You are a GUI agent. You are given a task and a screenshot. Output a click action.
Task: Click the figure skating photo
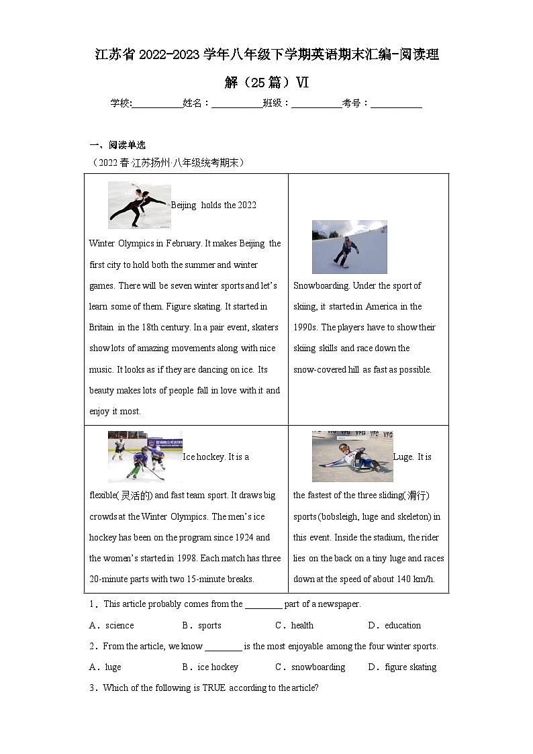[x=139, y=205]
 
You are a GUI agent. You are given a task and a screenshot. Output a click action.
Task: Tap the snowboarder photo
[x=349, y=246]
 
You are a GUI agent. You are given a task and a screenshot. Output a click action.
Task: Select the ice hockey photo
[x=145, y=457]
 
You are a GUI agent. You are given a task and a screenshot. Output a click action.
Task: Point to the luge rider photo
[x=352, y=457]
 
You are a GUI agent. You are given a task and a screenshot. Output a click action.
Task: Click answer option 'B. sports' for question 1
[x=202, y=625]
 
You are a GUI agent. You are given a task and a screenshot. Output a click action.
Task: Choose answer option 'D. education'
[x=395, y=625]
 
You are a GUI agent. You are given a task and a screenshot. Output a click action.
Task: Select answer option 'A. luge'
[x=105, y=667]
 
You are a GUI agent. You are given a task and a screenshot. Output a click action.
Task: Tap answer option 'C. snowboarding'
[x=311, y=667]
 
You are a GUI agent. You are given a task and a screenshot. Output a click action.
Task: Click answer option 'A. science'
[x=111, y=625]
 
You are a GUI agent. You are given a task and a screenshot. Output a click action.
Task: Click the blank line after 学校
[x=157, y=103]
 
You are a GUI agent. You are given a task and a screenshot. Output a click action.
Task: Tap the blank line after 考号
[x=396, y=103]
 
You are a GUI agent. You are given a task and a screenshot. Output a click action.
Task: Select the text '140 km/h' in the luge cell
[x=416, y=579]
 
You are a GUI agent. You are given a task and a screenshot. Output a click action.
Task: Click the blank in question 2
[x=223, y=647]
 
